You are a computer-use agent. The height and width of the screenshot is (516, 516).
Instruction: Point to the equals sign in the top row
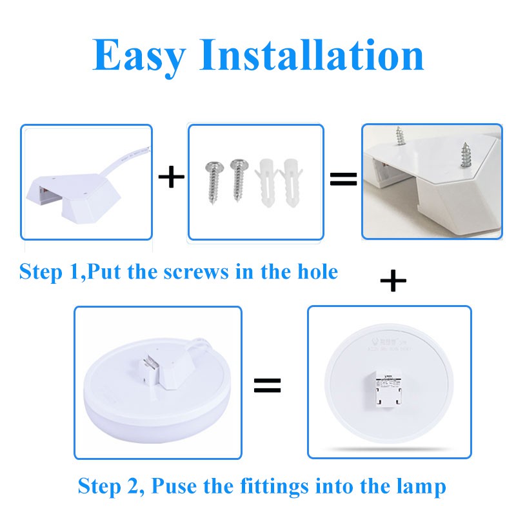tap(343, 179)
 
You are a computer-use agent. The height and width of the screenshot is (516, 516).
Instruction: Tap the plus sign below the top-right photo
tap(393, 281)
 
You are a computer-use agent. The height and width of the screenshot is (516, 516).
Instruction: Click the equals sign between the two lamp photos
tap(267, 386)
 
